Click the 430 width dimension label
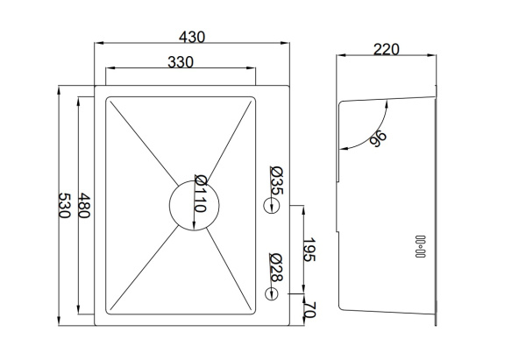(x=192, y=37)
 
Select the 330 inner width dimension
(x=181, y=62)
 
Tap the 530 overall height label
(x=64, y=206)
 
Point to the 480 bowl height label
(x=84, y=206)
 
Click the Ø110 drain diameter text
(x=201, y=194)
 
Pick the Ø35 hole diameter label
(x=277, y=180)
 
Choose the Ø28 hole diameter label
(x=277, y=267)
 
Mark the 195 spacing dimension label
(x=309, y=250)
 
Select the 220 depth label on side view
(x=387, y=50)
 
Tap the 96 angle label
(x=378, y=138)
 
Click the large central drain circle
(x=195, y=205)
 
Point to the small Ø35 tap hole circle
(x=271, y=206)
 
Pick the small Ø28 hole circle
(x=271, y=294)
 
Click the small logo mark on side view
(x=420, y=246)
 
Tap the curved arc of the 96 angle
(x=374, y=135)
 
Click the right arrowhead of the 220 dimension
(x=431, y=55)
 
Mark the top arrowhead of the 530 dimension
(x=59, y=90)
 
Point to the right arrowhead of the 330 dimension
(x=252, y=68)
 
